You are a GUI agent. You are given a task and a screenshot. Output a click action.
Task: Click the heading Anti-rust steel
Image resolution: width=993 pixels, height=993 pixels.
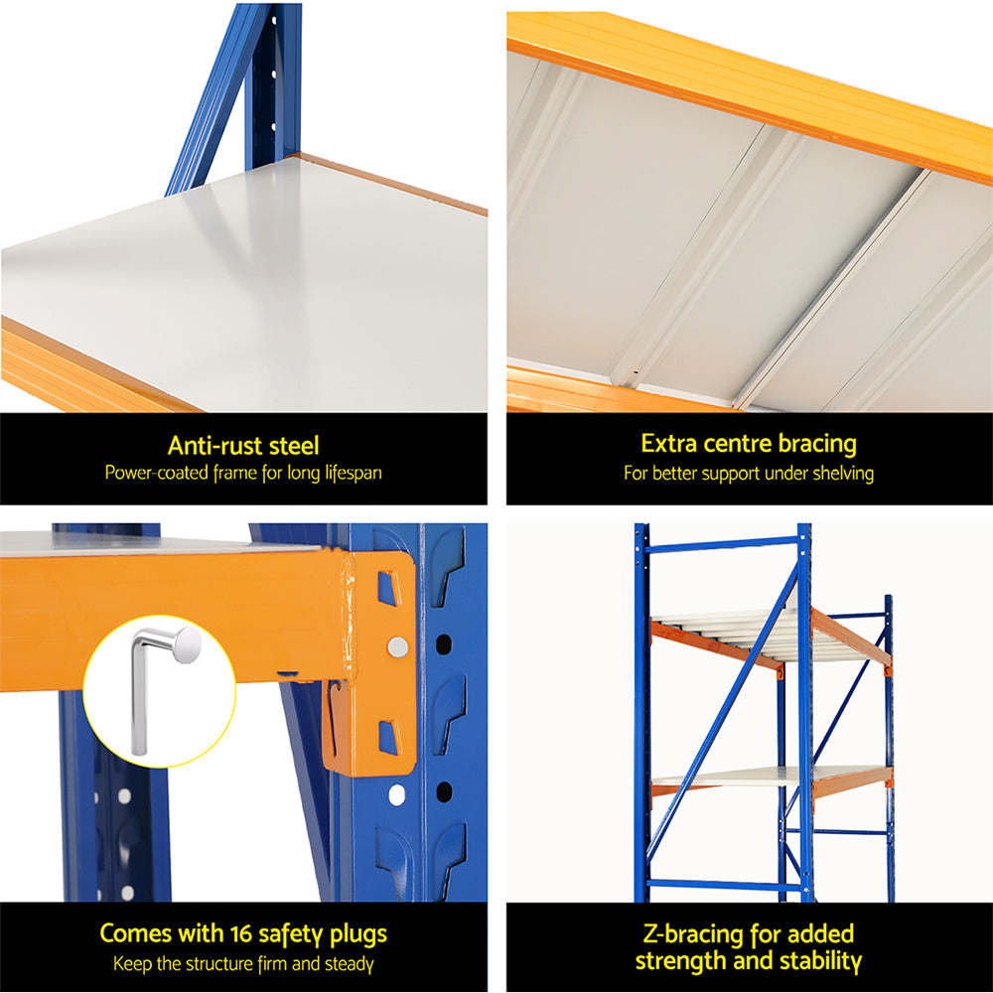click(x=243, y=446)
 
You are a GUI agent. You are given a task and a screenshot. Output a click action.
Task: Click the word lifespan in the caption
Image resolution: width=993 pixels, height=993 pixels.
click(x=349, y=473)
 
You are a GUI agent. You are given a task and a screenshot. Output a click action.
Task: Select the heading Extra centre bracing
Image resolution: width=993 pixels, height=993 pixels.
click(x=749, y=443)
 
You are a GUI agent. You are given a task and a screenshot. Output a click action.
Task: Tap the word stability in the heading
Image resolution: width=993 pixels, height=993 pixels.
click(x=813, y=960)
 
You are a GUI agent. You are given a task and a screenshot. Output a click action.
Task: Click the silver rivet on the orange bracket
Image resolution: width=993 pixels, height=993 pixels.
click(x=397, y=646)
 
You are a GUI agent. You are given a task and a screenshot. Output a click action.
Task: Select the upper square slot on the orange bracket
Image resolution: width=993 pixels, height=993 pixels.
click(x=387, y=588)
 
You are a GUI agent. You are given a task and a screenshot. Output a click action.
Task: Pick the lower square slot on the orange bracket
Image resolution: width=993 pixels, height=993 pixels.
click(x=388, y=737)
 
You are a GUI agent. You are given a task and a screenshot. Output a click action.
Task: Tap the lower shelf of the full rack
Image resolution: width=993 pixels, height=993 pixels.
click(x=755, y=780)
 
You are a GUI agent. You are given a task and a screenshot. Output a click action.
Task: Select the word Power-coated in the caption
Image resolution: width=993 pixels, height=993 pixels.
click(x=152, y=473)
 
